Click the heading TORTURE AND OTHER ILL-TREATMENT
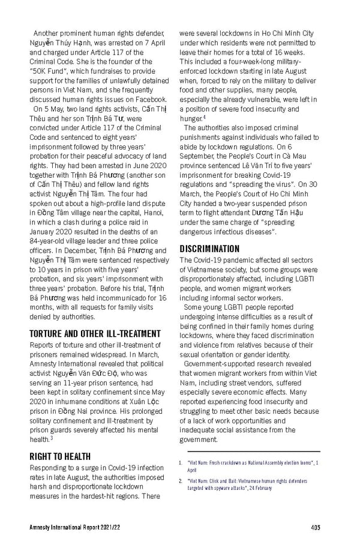click(x=95, y=333)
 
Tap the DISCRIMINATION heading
click(x=209, y=249)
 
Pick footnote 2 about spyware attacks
click(x=252, y=485)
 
